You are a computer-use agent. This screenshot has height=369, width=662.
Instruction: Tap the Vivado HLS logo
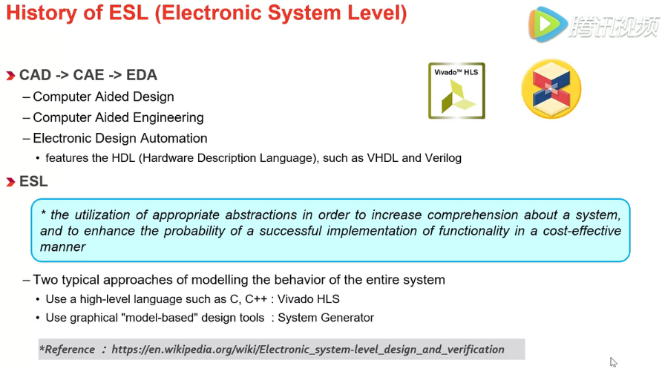[x=456, y=91]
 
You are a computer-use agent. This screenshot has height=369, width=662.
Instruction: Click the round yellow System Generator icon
[x=551, y=89]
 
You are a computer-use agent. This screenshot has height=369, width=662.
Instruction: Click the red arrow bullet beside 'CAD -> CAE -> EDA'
[x=10, y=76]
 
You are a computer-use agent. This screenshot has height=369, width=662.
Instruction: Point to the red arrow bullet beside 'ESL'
[x=10, y=183]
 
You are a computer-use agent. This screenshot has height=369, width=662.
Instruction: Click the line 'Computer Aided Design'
[x=103, y=97]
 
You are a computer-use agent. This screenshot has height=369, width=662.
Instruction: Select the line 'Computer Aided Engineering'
[x=118, y=117]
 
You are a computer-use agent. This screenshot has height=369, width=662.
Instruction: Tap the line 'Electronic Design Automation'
[x=120, y=138]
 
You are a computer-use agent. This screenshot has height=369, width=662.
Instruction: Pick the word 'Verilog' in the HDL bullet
[x=442, y=157]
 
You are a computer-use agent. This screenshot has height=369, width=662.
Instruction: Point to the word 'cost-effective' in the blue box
[x=580, y=230]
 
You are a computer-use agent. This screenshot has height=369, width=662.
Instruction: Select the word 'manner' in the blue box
[x=62, y=246]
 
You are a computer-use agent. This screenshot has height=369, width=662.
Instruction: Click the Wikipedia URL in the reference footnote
[x=308, y=349]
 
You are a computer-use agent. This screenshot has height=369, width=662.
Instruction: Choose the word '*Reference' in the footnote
[x=67, y=349]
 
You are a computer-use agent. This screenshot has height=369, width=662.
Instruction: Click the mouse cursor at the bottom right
[x=613, y=362]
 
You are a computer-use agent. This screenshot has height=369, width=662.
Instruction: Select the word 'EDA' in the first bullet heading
[x=141, y=75]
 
